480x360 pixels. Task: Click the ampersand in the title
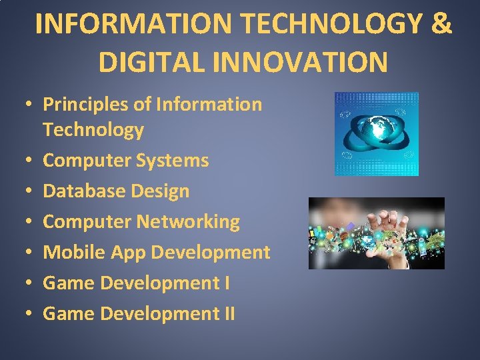[x=441, y=23]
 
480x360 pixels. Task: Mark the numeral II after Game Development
[x=229, y=313]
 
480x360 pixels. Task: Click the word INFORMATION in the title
[x=133, y=23]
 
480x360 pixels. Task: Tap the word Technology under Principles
[x=93, y=129]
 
